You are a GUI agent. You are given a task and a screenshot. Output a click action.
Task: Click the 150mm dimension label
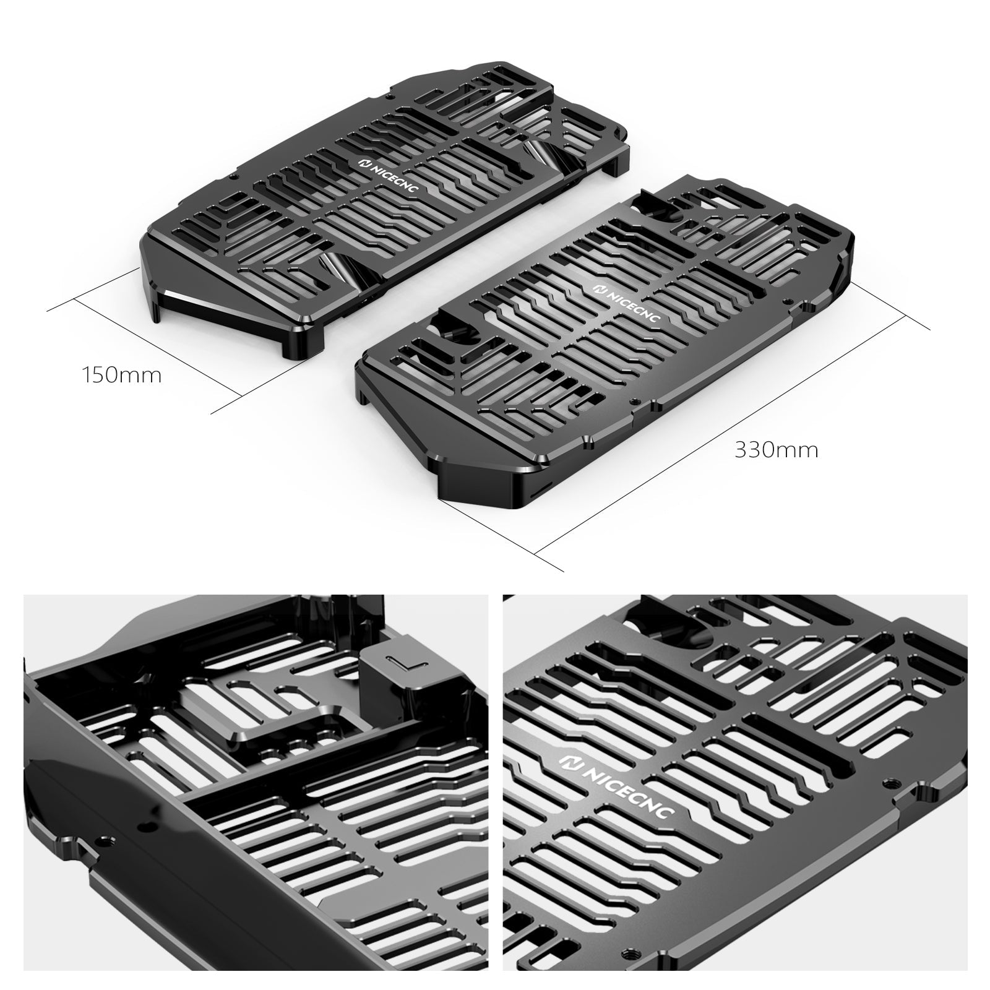pos(121,375)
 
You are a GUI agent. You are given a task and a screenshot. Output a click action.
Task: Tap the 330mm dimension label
pos(776,450)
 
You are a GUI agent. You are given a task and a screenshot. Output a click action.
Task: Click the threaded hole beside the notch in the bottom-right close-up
pos(891,782)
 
